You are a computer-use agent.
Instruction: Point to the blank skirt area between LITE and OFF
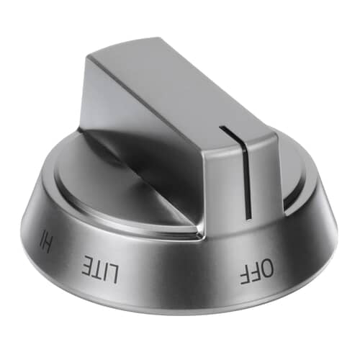pos(180,277)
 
